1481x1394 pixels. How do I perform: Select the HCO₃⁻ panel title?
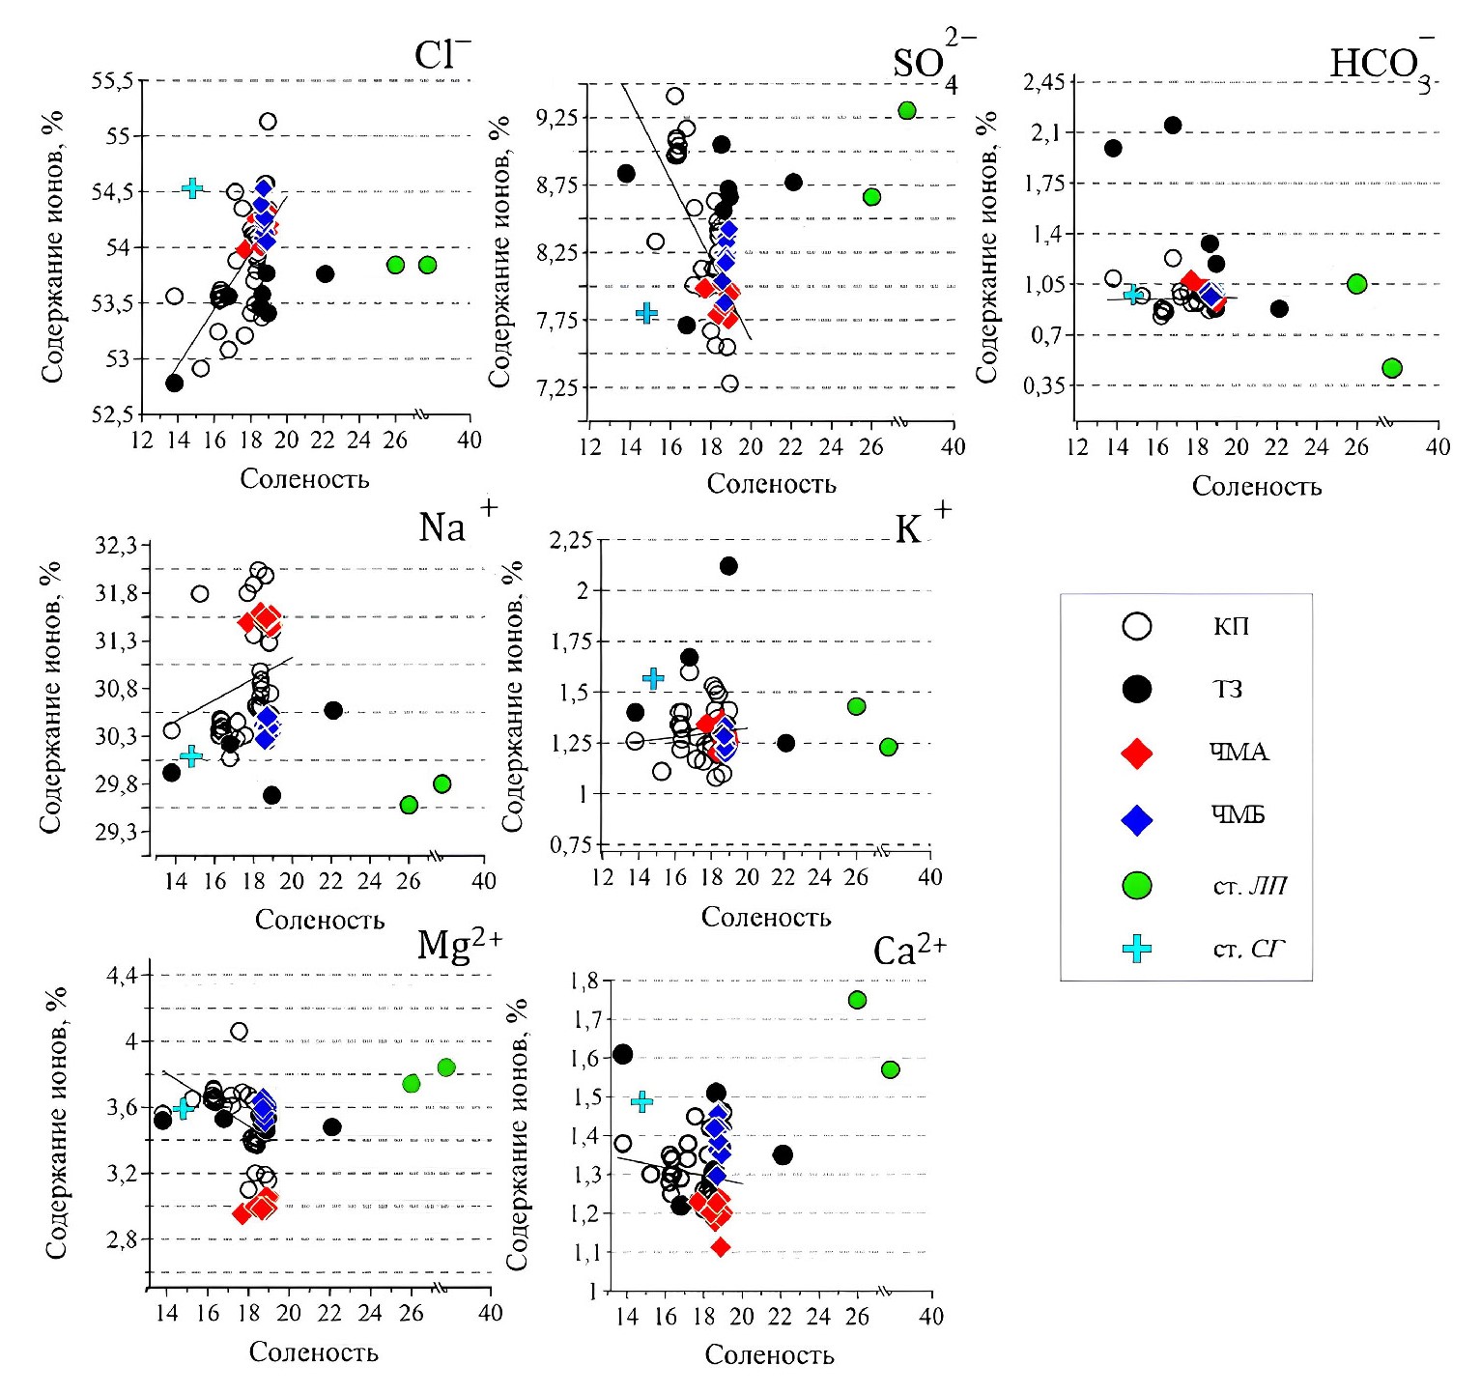(1380, 63)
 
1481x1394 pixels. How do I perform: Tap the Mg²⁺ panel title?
(459, 945)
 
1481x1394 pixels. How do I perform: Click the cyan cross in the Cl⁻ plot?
(192, 187)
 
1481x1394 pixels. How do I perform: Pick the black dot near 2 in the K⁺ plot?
(728, 565)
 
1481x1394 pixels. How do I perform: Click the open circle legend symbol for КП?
(1137, 626)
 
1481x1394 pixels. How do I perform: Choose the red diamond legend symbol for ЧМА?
(1137, 753)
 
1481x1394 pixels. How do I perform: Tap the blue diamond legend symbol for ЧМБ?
(1137, 818)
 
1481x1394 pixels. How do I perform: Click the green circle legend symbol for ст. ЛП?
(1137, 884)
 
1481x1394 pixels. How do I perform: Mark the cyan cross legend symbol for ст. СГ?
(1137, 949)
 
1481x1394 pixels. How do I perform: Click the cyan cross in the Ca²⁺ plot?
(641, 1101)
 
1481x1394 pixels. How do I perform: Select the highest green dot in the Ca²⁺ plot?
(857, 1000)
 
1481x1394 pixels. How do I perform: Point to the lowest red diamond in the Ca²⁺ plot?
(720, 1247)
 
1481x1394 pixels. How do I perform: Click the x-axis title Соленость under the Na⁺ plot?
(319, 920)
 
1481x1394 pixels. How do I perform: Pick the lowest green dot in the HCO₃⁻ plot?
(1392, 367)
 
